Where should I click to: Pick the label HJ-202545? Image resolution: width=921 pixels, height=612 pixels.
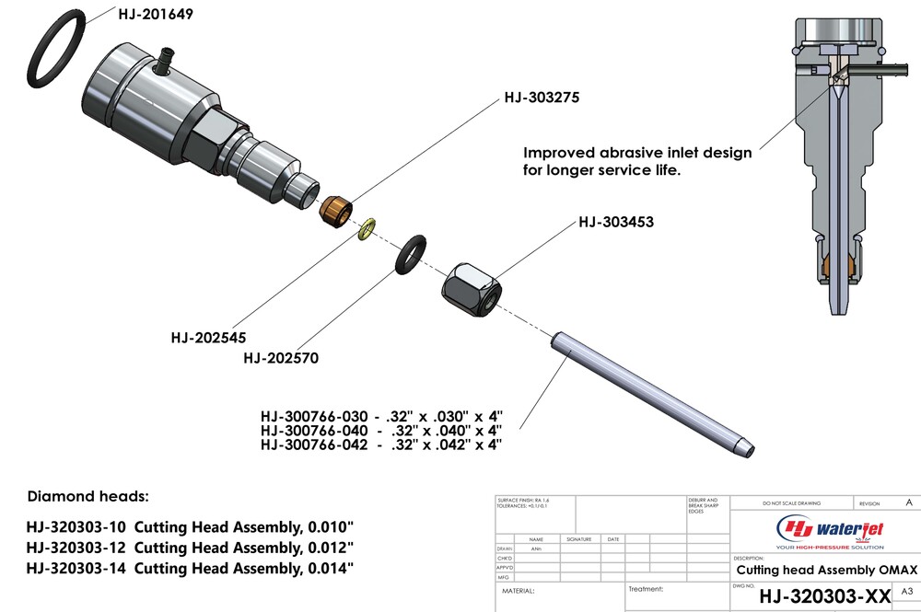208,338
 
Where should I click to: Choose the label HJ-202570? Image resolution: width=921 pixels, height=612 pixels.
281,358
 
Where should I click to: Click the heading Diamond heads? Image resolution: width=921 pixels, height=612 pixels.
87,496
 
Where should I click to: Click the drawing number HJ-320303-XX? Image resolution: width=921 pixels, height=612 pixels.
825,596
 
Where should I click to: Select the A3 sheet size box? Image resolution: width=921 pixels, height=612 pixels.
906,591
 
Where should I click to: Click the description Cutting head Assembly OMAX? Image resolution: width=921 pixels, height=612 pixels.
813,570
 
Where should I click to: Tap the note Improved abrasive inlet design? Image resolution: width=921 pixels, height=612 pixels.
637,152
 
